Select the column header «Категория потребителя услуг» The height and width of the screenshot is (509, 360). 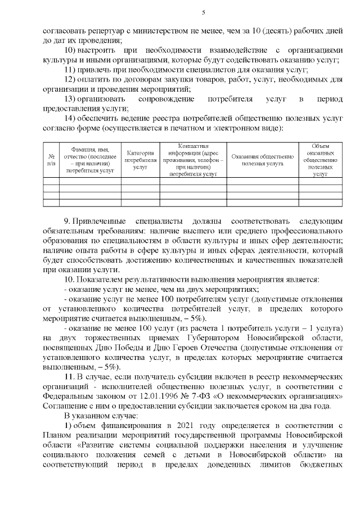click(x=141, y=159)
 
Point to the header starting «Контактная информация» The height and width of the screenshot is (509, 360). click(x=193, y=159)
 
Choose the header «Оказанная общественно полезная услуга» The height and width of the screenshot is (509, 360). click(x=263, y=159)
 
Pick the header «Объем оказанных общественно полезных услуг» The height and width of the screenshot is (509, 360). click(x=320, y=159)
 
